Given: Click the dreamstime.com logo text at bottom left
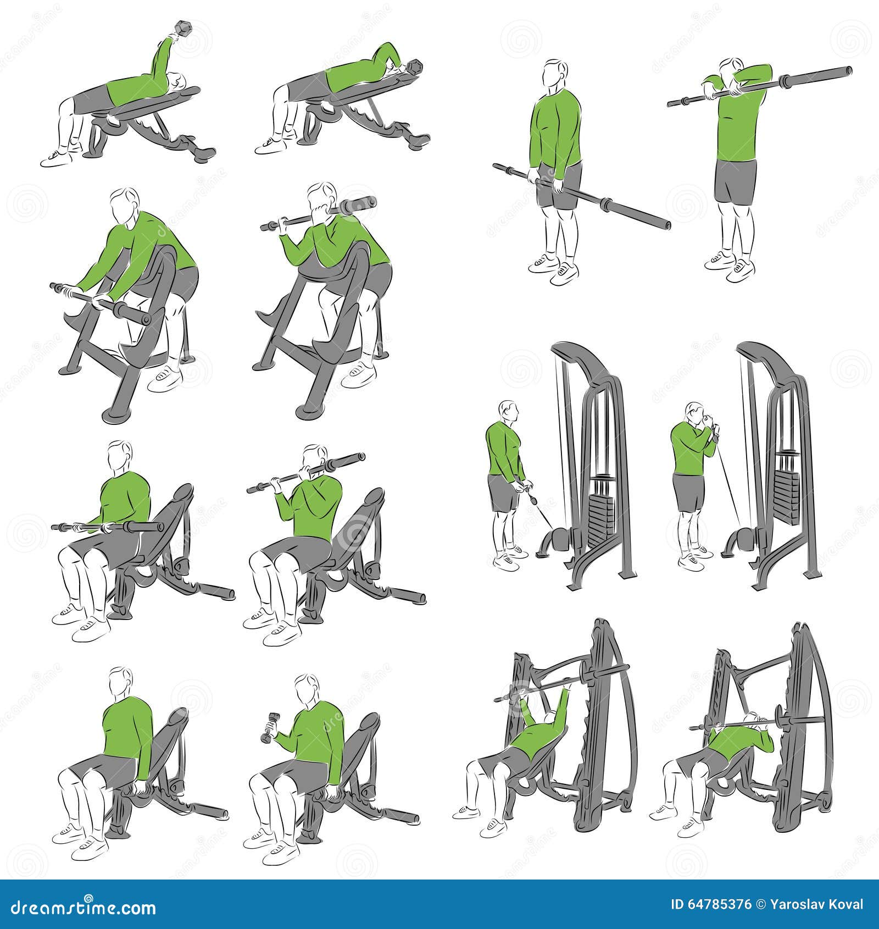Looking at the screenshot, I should pos(80,906).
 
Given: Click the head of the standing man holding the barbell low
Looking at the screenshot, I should pos(555,74).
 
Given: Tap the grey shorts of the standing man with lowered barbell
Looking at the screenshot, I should pos(558,187).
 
